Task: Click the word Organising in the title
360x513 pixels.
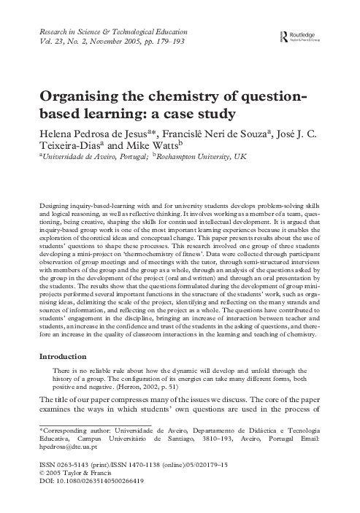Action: point(82,99)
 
